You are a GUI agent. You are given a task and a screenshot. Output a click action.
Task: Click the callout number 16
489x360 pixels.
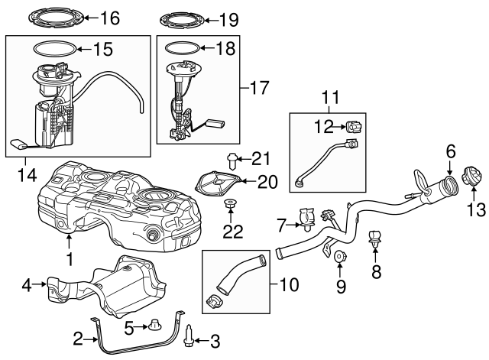pyautogui.click(x=111, y=17)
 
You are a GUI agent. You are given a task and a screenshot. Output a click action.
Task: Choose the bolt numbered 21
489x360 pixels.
pyautogui.click(x=232, y=161)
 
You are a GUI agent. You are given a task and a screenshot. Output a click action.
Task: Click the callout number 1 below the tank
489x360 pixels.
pyautogui.click(x=70, y=260)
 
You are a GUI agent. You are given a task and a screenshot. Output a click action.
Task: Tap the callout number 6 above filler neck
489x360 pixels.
pyautogui.click(x=451, y=151)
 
